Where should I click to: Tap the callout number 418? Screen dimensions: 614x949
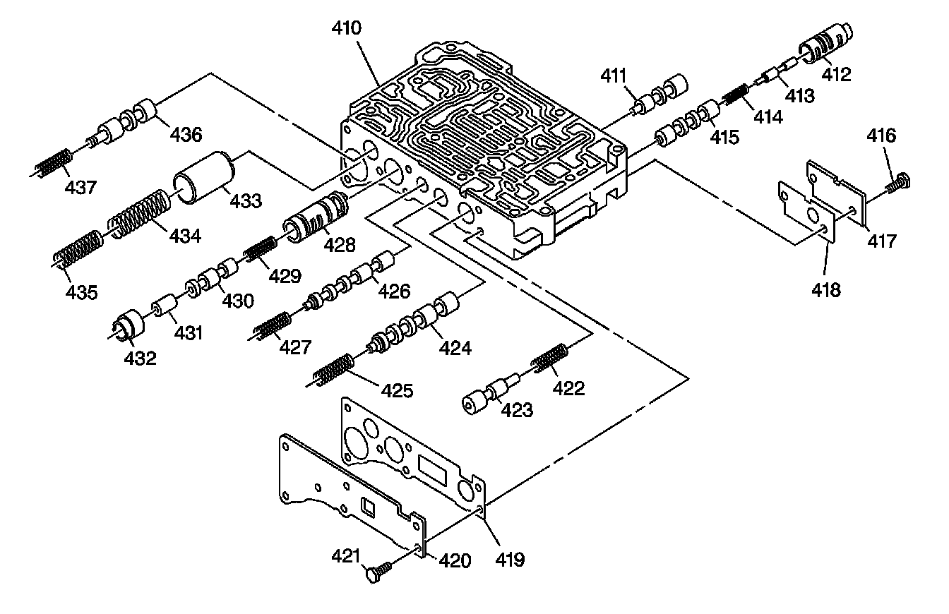[x=826, y=289]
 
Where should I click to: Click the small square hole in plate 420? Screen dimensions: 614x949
[x=368, y=506]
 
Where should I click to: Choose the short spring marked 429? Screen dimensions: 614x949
[x=259, y=249]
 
